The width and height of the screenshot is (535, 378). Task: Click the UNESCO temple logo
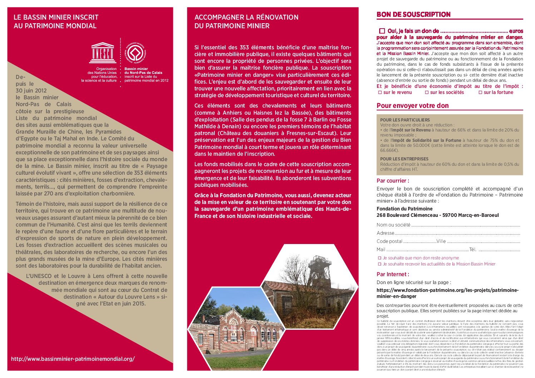pyautogui.click(x=103, y=53)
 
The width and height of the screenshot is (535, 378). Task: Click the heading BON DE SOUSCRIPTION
pyautogui.click(x=413, y=15)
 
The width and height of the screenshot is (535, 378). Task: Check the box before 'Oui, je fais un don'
pyautogui.click(x=382, y=31)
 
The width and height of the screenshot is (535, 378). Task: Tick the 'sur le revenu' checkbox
pyautogui.click(x=380, y=93)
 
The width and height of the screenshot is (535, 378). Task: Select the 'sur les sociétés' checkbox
pyautogui.click(x=427, y=93)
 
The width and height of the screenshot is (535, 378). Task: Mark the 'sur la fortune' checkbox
pyautogui.click(x=480, y=93)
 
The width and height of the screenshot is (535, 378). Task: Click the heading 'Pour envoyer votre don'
pyautogui.click(x=412, y=106)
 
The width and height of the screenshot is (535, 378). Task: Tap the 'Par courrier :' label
pyautogui.click(x=393, y=181)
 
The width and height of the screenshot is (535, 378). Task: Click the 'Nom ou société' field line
pyautogui.click(x=465, y=225)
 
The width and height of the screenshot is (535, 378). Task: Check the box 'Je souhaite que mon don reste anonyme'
pyautogui.click(x=380, y=258)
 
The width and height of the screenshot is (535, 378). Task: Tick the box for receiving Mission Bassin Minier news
pyautogui.click(x=380, y=264)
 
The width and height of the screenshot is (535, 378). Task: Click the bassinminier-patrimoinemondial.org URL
pyautogui.click(x=73, y=359)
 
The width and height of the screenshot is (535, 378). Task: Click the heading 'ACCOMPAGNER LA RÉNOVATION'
pyautogui.click(x=246, y=17)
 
